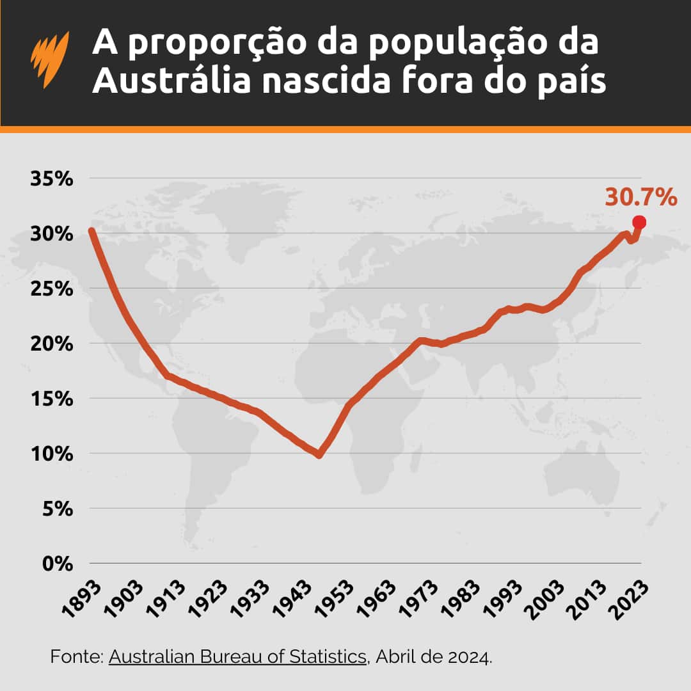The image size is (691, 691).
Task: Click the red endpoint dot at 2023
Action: click(x=639, y=222)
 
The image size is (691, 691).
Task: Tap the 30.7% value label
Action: click(x=640, y=197)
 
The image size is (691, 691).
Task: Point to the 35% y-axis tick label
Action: click(x=52, y=179)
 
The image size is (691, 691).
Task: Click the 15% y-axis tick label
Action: click(x=52, y=399)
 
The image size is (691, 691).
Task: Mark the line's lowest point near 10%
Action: click(x=319, y=454)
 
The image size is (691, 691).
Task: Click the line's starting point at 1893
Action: click(x=91, y=231)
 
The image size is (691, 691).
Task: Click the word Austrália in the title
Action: click(x=170, y=83)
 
